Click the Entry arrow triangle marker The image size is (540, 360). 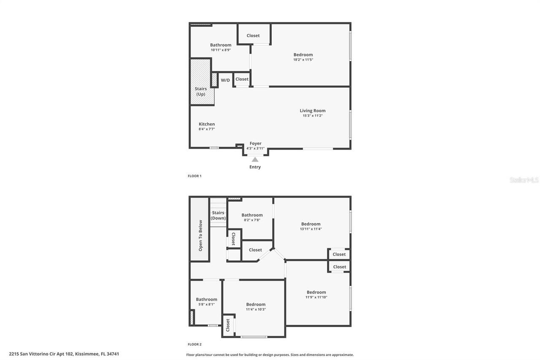tap(255, 160)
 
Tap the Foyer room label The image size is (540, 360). tap(255, 143)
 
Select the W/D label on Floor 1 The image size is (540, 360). tap(225, 80)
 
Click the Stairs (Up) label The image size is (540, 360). tap(201, 92)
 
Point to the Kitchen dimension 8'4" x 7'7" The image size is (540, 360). tap(207, 129)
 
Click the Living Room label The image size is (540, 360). tap(313, 111)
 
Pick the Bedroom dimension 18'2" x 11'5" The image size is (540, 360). tap(303, 60)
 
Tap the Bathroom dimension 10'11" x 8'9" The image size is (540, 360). tap(221, 50)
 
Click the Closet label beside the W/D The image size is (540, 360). tap(242, 79)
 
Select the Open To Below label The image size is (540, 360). tap(200, 235)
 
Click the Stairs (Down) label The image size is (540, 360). tap(218, 215)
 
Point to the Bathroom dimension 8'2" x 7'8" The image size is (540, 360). tap(252, 220)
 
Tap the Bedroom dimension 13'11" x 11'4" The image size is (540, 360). tap(310, 229)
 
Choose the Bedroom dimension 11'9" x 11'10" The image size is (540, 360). tap(316, 297)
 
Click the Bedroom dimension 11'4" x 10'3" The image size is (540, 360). tap(256, 309)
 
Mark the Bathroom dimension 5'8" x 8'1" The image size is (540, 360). tap(206, 304)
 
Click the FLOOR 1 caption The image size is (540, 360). tap(194, 176)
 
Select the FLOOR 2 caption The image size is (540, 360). tap(194, 344)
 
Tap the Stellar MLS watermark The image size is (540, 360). tap(524, 180)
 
